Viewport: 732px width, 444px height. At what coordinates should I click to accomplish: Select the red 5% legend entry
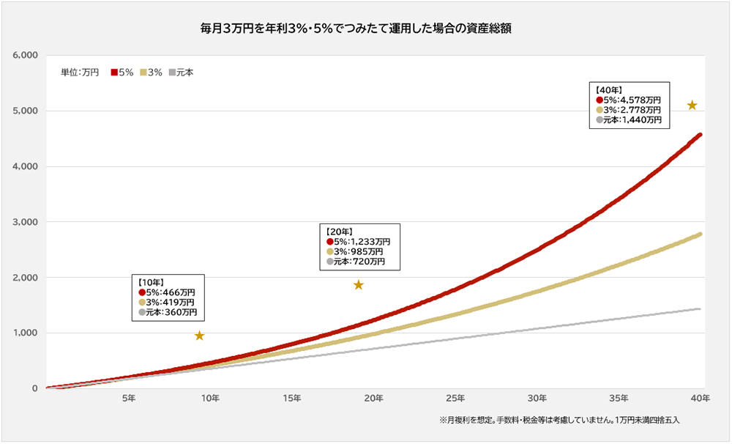(122, 73)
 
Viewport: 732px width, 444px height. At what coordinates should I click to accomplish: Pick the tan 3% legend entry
(151, 73)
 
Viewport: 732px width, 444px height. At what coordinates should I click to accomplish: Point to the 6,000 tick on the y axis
(26, 56)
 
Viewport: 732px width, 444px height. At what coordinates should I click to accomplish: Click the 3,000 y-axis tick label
(26, 222)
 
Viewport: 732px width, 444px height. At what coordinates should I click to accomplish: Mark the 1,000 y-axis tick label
(26, 333)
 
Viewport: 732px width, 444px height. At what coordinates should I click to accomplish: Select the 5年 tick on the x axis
(128, 398)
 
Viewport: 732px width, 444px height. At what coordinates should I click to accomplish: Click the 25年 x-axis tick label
(455, 398)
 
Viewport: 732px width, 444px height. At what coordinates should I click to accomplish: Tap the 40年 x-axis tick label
(701, 398)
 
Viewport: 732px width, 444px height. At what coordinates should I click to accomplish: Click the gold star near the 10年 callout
(199, 336)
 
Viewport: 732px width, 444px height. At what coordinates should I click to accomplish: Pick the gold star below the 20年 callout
(359, 284)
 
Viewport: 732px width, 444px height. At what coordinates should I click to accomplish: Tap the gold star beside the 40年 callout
(692, 106)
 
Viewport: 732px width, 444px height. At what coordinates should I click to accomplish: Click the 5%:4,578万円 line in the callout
(629, 100)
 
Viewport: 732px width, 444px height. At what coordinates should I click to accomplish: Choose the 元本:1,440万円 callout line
(629, 119)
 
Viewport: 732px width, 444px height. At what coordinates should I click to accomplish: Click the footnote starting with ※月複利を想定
(560, 421)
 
